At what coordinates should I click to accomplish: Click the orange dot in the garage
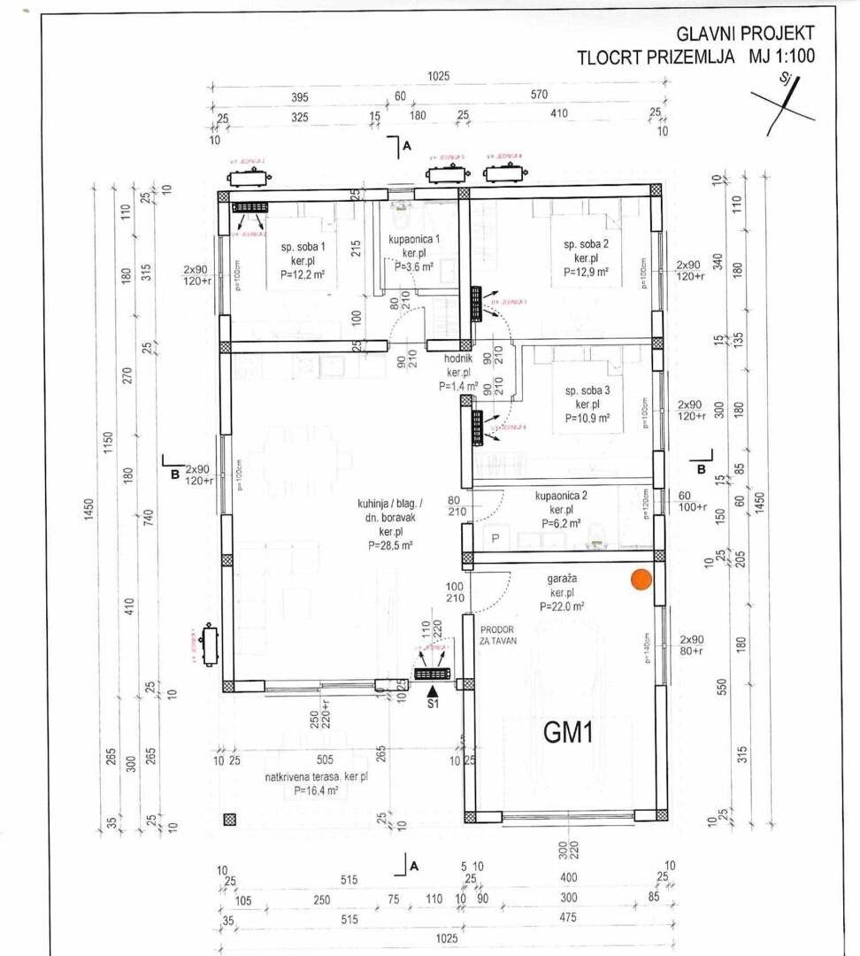(641, 580)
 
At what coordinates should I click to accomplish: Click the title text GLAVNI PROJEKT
(745, 34)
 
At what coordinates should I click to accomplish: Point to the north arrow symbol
(783, 98)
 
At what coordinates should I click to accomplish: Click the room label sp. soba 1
(303, 247)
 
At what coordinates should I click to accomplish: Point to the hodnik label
(458, 359)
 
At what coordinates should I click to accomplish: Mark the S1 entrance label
(433, 705)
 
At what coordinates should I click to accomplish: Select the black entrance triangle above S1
(433, 690)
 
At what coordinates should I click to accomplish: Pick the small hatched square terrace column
(230, 820)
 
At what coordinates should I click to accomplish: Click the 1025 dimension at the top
(438, 77)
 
